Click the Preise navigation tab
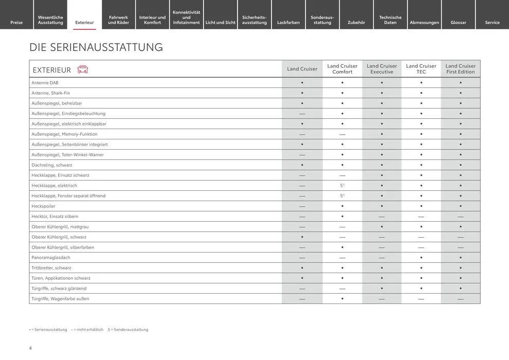[x=16, y=22]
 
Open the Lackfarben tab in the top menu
[x=288, y=22]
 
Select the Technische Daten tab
[x=390, y=20]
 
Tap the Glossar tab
[x=458, y=22]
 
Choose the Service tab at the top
[x=492, y=22]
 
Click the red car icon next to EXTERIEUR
[x=82, y=69]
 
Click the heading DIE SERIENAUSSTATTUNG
[x=96, y=47]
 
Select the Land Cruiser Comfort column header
[x=342, y=69]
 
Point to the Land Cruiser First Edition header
[x=461, y=69]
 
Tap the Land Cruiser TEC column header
[x=421, y=69]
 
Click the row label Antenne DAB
[x=45, y=83]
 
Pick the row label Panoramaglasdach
[x=51, y=258]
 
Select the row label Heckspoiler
[x=43, y=206]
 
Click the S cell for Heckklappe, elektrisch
[x=342, y=186]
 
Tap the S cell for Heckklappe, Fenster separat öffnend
[x=342, y=196]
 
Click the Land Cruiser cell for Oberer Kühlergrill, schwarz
[x=302, y=237]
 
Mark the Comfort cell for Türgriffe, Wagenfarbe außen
[x=342, y=299]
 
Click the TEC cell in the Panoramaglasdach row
[x=421, y=258]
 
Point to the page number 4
[x=30, y=348]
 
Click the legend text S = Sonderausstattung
[x=128, y=330]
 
